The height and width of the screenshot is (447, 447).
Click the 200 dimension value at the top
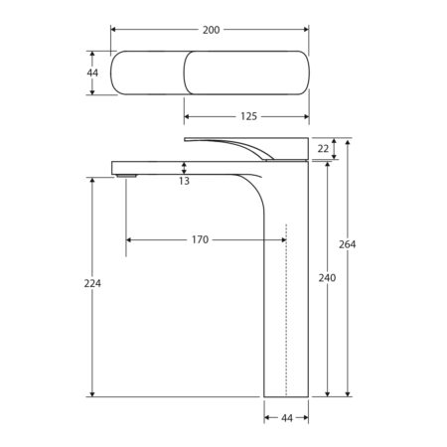[211, 30]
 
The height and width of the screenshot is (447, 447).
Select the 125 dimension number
[248, 116]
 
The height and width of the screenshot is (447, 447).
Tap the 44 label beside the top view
[92, 73]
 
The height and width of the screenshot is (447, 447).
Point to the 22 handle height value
[323, 149]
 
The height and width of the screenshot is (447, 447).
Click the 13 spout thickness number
[184, 181]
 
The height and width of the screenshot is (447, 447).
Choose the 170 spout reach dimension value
[200, 239]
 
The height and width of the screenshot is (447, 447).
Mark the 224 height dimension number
[92, 283]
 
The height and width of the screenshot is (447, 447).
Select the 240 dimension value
[327, 278]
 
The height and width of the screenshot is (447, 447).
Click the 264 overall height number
[348, 244]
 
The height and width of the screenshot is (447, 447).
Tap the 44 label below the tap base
[287, 418]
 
